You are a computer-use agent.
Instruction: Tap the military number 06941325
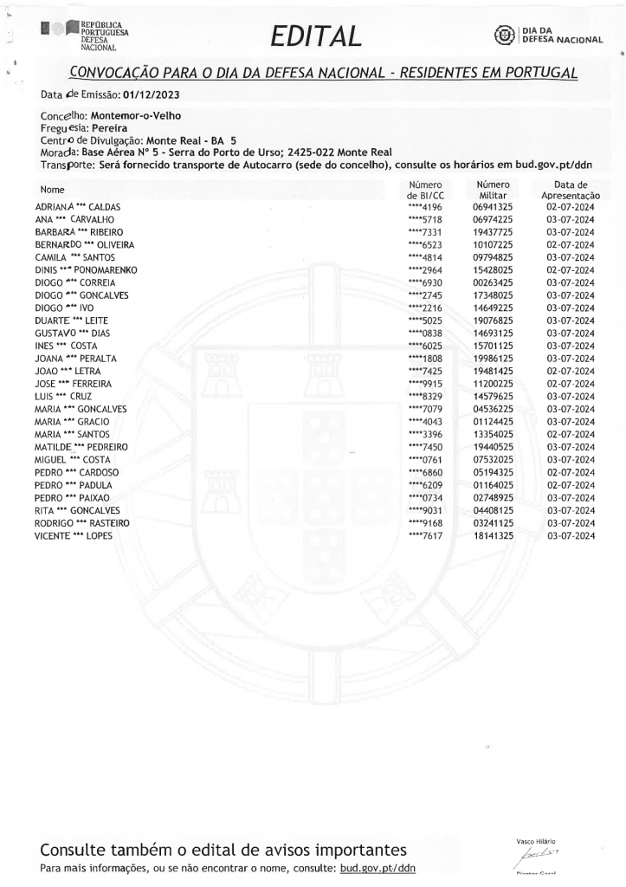click(494, 209)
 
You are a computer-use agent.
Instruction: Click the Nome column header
click(53, 189)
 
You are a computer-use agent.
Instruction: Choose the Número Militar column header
click(494, 191)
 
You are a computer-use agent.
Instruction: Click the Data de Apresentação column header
click(570, 191)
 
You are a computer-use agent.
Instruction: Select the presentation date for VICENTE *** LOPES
click(570, 536)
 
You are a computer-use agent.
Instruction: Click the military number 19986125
click(494, 359)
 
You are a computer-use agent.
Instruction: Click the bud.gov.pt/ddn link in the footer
click(378, 865)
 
